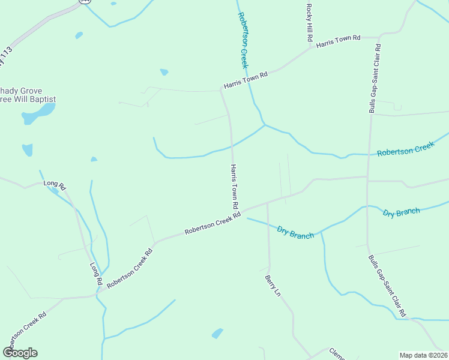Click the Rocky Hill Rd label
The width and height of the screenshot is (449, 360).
coord(310,22)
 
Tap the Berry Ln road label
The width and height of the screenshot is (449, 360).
coord(272,286)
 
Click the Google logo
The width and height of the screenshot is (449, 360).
coord(20,353)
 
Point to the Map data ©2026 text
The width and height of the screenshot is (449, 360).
coord(423,355)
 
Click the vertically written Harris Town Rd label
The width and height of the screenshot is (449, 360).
coord(235,188)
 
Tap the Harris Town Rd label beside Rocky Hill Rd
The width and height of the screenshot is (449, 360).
coord(338,41)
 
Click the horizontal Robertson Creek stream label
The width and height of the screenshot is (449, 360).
coord(405,149)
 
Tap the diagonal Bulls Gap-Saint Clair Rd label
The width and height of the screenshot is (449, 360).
coord(387,285)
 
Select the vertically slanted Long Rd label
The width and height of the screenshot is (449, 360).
coord(96,274)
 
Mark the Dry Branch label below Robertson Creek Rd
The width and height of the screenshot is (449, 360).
coord(295,232)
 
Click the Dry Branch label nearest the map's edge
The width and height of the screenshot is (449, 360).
coord(402,212)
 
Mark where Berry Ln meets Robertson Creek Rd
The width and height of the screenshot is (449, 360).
coord(267,203)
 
